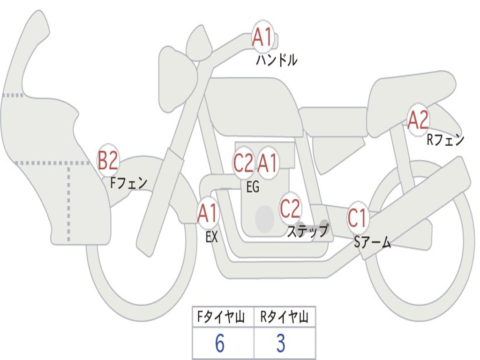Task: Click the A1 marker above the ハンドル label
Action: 263,37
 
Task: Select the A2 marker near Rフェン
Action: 418,120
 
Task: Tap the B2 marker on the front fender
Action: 108,161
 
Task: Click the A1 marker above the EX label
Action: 208,214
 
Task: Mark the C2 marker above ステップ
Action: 290,208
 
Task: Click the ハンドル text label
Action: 277,60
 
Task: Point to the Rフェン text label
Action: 445,140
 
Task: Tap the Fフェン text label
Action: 129,183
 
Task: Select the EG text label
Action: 253,187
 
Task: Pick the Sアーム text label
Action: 372,242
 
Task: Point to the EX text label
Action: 212,237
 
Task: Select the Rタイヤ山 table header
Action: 284,318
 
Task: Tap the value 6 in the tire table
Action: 219,344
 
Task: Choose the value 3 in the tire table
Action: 281,344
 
